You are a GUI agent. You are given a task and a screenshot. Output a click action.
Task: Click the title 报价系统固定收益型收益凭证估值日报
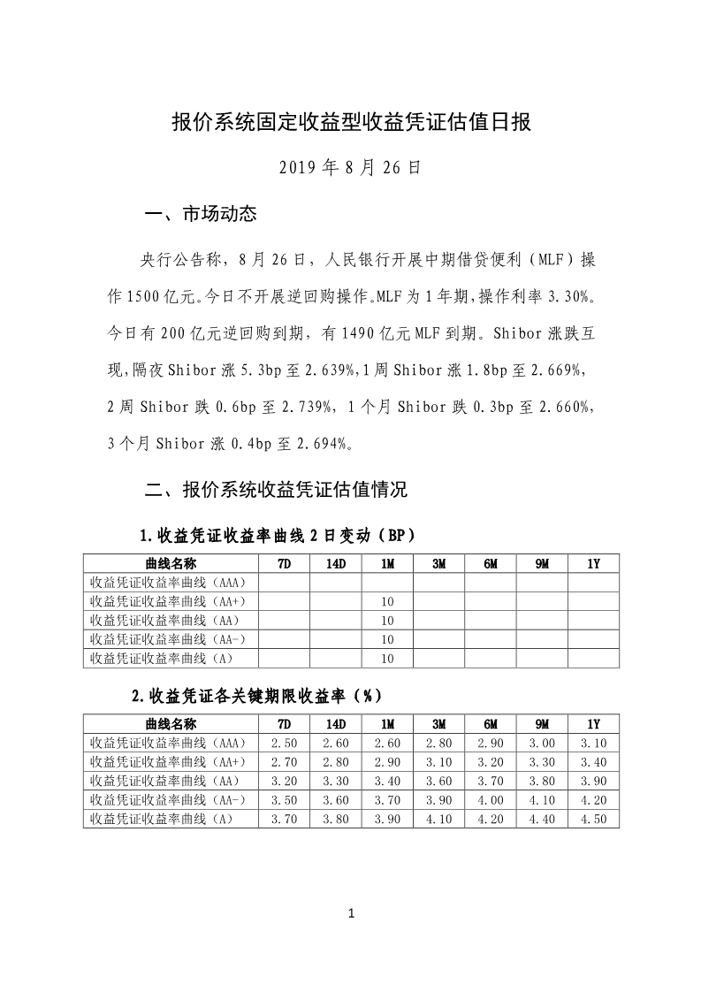(x=351, y=122)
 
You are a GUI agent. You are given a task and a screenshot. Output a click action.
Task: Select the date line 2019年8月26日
(x=350, y=166)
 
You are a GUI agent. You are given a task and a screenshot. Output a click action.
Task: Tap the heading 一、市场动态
(x=200, y=214)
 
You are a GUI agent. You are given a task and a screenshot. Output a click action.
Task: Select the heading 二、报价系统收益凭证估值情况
(x=276, y=489)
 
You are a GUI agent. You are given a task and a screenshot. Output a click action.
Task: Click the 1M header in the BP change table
(x=387, y=564)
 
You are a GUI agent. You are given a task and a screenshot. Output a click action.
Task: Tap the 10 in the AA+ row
(x=387, y=602)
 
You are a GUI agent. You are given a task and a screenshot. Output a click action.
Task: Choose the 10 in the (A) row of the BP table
(x=387, y=658)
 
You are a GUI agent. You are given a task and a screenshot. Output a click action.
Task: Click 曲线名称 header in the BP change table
(x=171, y=564)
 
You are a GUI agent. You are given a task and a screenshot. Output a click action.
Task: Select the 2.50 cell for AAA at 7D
(x=284, y=744)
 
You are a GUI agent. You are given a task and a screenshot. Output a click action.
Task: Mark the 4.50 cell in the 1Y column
(x=593, y=819)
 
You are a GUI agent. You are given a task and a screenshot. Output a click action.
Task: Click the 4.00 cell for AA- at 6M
(x=491, y=800)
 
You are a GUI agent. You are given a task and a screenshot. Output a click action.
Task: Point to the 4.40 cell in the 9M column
(x=542, y=819)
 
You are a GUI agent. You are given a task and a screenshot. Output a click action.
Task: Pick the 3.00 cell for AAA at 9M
(x=542, y=744)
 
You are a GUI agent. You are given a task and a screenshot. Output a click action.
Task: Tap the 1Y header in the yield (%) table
(x=593, y=724)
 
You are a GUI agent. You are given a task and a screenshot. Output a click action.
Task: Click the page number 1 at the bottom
(x=351, y=913)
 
